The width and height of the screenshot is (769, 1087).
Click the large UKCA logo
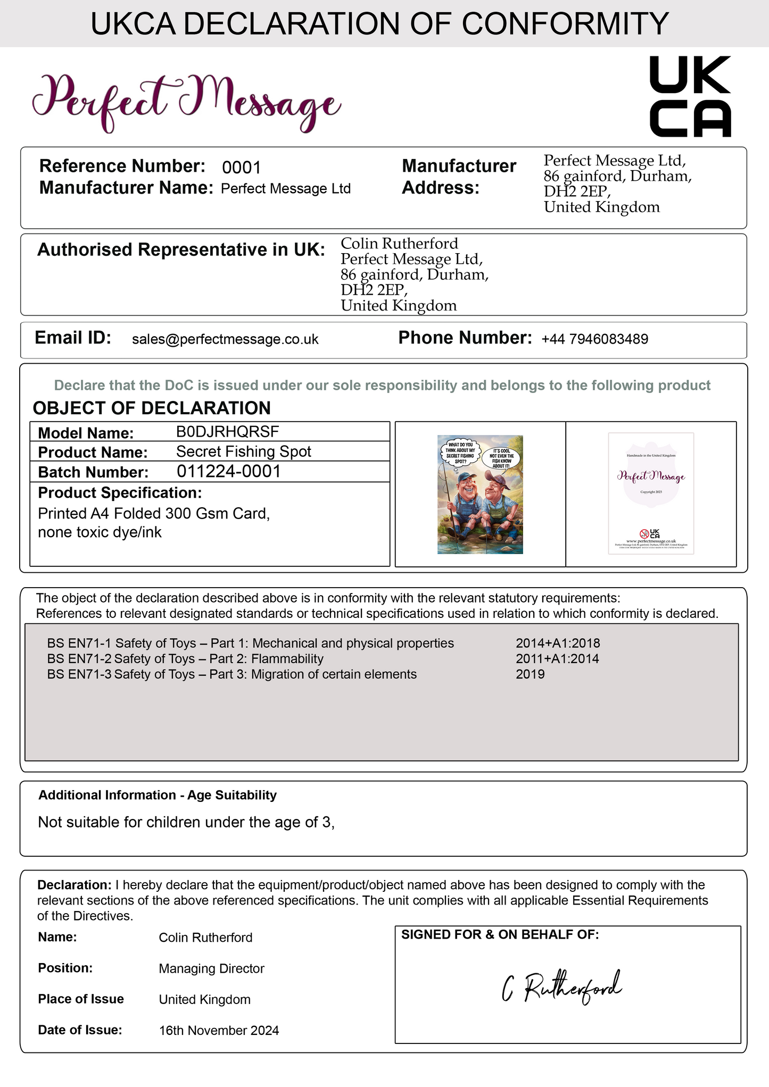point(690,96)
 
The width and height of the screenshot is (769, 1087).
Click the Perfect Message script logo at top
point(186,102)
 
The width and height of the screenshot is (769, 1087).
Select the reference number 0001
point(241,168)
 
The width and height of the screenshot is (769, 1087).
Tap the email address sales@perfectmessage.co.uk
point(225,339)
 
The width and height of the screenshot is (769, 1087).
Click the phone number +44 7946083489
point(594,339)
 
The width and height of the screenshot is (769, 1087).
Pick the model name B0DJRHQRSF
point(227,432)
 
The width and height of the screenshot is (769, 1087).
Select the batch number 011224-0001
point(228,472)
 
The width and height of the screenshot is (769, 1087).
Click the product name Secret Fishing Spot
point(243,451)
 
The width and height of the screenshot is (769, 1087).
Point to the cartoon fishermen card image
point(480,494)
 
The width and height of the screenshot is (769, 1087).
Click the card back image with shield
point(651,493)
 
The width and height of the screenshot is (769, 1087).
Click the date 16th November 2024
point(219,1031)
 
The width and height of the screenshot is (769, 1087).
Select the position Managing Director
point(211,968)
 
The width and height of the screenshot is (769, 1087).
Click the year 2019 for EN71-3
point(530,674)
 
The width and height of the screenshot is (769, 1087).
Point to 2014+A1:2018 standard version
point(558,643)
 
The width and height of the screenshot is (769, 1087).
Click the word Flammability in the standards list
point(287,659)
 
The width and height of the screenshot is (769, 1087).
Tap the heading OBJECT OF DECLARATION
point(152,408)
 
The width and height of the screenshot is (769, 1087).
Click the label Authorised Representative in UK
point(181,250)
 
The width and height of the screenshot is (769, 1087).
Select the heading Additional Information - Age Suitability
point(158,795)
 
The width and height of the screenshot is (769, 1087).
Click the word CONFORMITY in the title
point(565,24)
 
